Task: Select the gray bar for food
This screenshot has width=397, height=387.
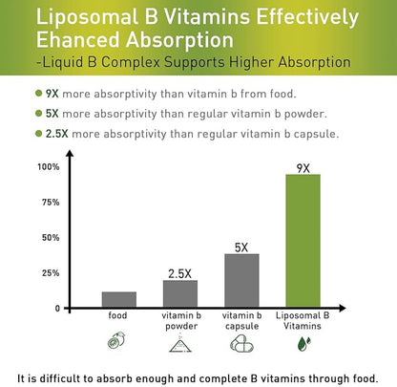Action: click(x=120, y=299)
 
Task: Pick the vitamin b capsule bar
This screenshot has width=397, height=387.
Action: click(x=241, y=280)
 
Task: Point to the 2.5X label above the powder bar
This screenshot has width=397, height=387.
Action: click(x=180, y=272)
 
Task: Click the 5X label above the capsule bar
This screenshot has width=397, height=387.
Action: click(x=241, y=247)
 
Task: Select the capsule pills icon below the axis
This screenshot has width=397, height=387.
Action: click(x=242, y=342)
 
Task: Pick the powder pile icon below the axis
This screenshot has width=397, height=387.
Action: click(x=180, y=342)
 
